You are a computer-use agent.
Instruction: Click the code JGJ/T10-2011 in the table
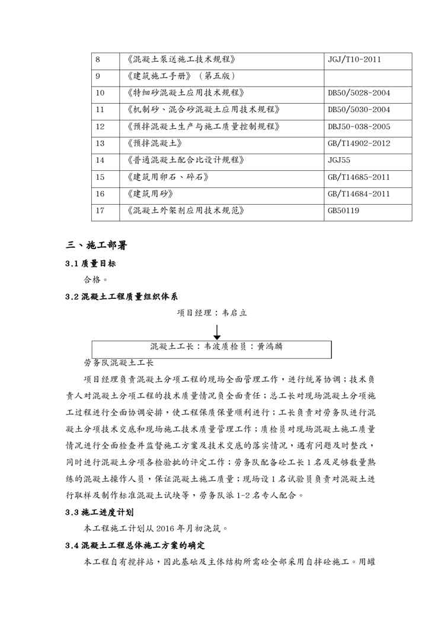354,59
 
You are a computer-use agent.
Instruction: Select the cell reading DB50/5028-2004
359,93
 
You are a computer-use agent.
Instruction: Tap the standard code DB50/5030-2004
359,110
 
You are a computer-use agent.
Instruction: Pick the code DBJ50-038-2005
359,126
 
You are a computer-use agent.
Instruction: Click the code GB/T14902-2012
359,144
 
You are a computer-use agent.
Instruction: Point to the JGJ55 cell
338,160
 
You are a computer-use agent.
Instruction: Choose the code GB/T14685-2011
359,177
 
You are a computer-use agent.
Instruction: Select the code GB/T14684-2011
359,193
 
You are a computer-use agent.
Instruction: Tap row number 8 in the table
98,59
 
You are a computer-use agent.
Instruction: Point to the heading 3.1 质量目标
91,263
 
